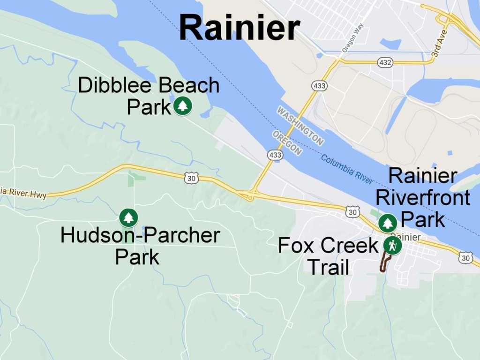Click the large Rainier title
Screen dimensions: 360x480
(239, 27)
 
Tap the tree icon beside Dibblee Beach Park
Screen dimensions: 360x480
(182, 106)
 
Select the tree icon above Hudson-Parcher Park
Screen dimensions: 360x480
(128, 217)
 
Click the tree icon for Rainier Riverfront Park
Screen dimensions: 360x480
(388, 223)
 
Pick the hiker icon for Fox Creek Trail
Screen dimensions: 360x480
(392, 245)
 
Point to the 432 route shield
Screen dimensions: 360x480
(385, 62)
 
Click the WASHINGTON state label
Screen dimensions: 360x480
(300, 125)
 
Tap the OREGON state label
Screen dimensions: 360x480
(287, 143)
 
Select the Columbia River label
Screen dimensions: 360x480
(347, 169)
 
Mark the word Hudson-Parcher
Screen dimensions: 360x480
(140, 235)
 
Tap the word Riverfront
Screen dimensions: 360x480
(422, 197)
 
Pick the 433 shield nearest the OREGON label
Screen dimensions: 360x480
(275, 154)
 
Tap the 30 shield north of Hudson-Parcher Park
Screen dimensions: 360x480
(192, 178)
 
